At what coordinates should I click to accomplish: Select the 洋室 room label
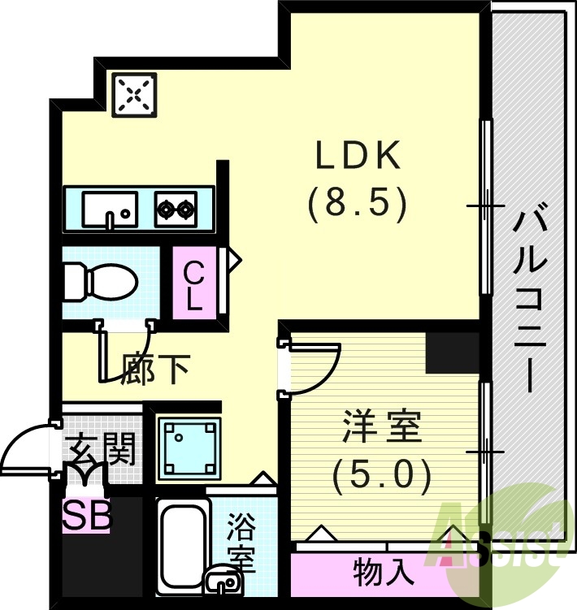click(382, 428)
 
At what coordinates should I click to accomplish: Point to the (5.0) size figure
click(382, 475)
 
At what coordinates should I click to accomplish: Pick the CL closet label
click(193, 285)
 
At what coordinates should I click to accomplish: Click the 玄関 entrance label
click(102, 448)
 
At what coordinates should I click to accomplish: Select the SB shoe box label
click(87, 516)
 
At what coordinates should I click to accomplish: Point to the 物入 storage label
click(384, 574)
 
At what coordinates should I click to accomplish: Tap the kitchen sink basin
click(108, 210)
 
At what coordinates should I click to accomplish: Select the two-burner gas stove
click(176, 210)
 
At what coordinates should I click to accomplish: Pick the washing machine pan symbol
click(189, 448)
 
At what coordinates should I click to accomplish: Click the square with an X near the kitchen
click(134, 95)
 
